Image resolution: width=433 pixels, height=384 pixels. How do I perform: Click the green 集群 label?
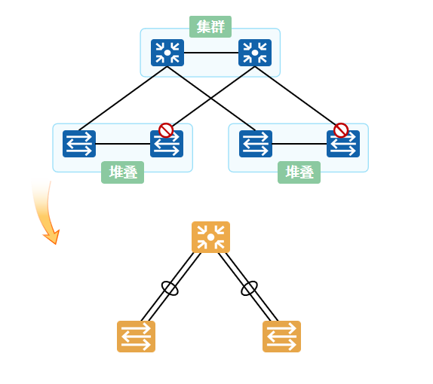pyautogui.click(x=210, y=26)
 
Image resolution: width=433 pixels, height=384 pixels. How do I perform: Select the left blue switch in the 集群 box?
pyautogui.click(x=167, y=53)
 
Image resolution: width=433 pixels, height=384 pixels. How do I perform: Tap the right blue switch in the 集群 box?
pyautogui.click(x=255, y=53)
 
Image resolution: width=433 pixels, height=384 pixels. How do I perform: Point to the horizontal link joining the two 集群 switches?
pyautogui.click(x=211, y=53)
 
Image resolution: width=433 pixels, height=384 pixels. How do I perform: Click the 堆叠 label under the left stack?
pyautogui.click(x=123, y=172)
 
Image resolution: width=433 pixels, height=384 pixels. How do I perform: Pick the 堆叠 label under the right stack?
pyautogui.click(x=299, y=172)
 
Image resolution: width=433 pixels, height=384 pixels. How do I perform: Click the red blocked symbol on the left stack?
pyautogui.click(x=166, y=130)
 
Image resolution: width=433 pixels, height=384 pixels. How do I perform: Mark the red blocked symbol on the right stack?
pyautogui.click(x=341, y=130)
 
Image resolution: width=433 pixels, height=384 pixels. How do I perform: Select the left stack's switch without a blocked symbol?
pyautogui.click(x=79, y=144)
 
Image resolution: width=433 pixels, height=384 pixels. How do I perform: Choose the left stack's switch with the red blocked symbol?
pyautogui.click(x=167, y=144)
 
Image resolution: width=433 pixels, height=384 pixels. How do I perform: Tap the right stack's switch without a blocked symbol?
pyautogui.click(x=256, y=144)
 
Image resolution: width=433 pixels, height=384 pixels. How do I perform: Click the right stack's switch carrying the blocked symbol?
pyautogui.click(x=343, y=144)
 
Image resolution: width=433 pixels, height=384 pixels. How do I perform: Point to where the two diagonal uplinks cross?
pyautogui.click(x=211, y=98)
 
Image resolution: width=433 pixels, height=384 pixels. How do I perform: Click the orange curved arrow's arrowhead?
pyautogui.click(x=53, y=236)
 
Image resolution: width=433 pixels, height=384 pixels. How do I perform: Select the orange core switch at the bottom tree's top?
pyautogui.click(x=210, y=237)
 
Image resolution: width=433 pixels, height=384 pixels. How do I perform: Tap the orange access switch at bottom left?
pyautogui.click(x=136, y=337)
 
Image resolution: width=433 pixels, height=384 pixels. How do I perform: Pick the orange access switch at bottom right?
pyautogui.click(x=281, y=337)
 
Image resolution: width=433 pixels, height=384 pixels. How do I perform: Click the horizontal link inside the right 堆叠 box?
pyautogui.click(x=299, y=144)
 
